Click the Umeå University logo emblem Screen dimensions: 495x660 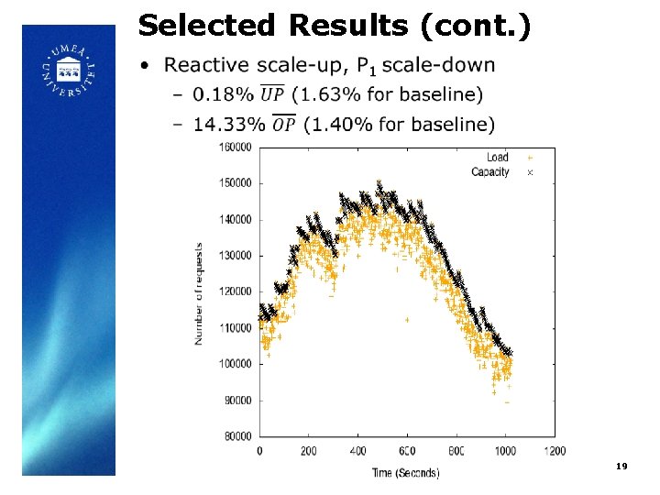click(68, 71)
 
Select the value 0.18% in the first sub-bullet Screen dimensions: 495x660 click(224, 93)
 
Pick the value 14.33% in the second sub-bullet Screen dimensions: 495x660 click(230, 124)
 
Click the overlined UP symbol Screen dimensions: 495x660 click(272, 93)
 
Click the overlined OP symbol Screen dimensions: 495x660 click(285, 124)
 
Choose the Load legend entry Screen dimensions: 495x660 click(497, 158)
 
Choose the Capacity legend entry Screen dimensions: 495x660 click(490, 171)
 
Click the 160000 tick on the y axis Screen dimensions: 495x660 click(236, 147)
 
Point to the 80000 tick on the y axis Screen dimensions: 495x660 click(238, 436)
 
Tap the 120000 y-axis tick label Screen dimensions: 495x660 click(236, 291)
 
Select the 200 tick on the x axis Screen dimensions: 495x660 click(308, 451)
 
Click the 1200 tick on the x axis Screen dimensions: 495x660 click(554, 451)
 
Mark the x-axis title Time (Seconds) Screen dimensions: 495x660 click(405, 472)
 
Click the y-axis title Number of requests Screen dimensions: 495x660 click(199, 293)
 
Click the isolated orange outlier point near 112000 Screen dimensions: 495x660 click(407, 320)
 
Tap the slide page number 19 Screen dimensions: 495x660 click(621, 467)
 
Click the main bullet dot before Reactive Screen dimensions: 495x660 click(145, 66)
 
